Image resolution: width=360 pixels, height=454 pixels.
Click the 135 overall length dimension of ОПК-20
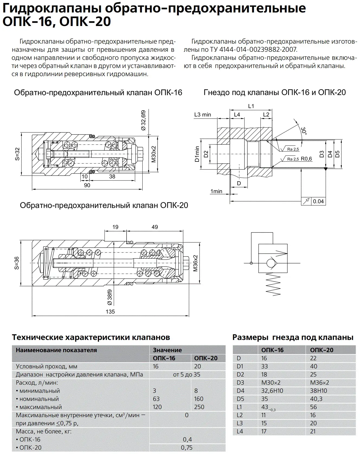pos(110,312)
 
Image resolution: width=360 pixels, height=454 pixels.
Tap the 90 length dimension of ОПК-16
pos(87,185)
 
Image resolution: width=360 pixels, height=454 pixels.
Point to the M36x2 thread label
pos(195,263)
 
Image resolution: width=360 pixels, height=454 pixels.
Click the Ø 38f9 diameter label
pos(110,297)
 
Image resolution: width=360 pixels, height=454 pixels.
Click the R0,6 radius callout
pos(306,159)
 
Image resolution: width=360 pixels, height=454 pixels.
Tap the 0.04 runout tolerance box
pos(318,201)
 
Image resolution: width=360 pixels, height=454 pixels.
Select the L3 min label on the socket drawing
pos(202,115)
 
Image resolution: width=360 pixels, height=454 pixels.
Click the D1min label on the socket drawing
pos(197,154)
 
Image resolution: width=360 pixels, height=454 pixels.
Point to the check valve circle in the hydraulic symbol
pos(271,263)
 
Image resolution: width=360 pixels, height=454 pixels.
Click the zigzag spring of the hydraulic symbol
pos(273,284)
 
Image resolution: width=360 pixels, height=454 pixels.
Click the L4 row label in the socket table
pos(240,431)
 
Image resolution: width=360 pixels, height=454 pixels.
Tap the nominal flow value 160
pos(199,399)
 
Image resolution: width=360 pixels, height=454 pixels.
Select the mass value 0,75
pos(187,447)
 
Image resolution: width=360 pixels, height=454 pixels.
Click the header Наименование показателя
pos(56,350)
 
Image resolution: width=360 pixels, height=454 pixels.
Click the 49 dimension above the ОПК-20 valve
pos(155,227)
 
